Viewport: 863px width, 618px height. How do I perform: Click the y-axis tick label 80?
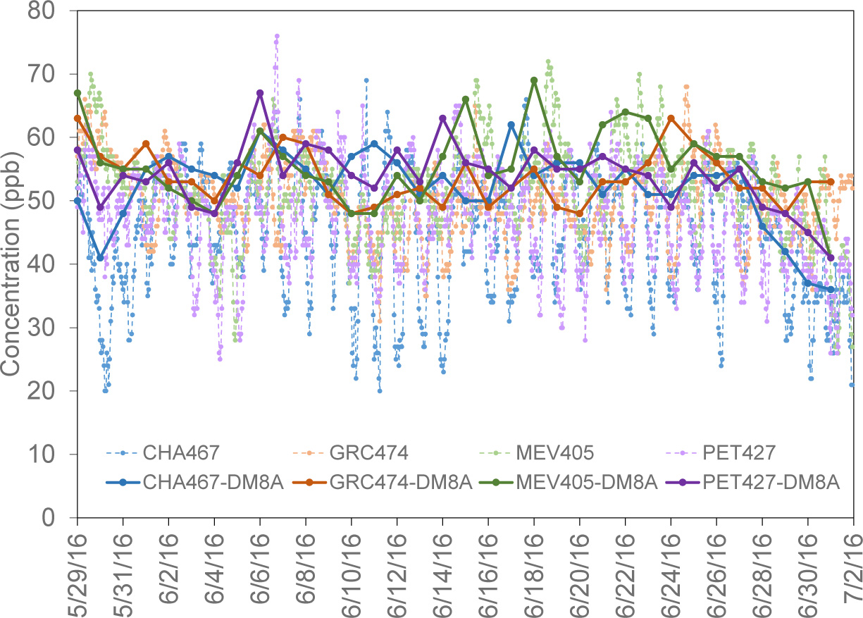coord(51,11)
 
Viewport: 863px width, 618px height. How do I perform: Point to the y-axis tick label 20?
coord(51,391)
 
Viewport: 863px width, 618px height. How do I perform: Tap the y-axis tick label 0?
coord(58,518)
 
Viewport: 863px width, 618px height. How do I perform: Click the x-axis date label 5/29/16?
coord(77,568)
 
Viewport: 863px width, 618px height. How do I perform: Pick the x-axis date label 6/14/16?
coord(443,568)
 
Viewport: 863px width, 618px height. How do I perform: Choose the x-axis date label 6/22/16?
coord(626,568)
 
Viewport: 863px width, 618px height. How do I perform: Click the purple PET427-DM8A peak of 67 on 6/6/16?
coord(260,93)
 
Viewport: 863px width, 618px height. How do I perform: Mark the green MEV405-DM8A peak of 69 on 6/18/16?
coord(534,80)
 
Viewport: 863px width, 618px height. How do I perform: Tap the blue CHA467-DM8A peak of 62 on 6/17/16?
coord(511,125)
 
